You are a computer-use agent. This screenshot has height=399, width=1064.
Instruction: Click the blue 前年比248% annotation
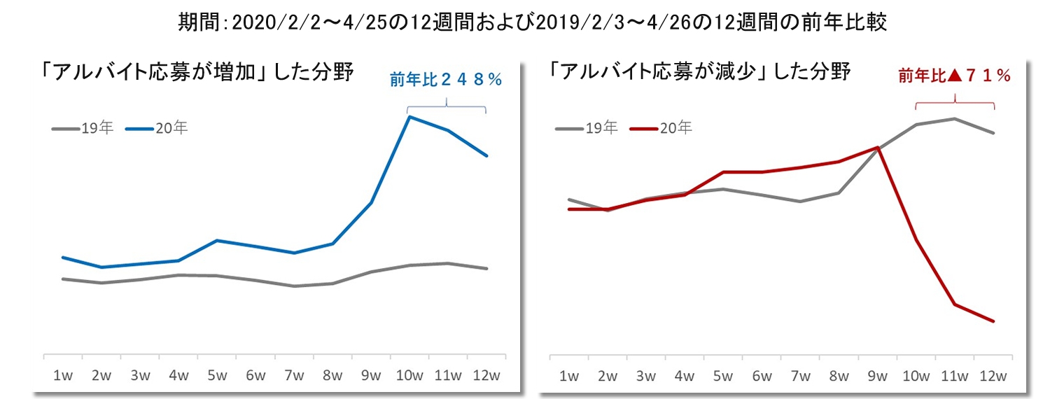[x=446, y=80]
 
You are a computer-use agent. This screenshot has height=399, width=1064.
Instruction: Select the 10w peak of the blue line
[x=409, y=117]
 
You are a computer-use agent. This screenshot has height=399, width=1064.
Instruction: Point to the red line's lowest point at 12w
[x=993, y=321]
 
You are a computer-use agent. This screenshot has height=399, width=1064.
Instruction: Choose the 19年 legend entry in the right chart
[x=587, y=128]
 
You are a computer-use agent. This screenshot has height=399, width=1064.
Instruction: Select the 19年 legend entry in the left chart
[x=83, y=128]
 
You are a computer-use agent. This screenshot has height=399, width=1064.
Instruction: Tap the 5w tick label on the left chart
[x=217, y=375]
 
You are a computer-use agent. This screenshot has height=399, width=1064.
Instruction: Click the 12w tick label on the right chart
[x=993, y=375]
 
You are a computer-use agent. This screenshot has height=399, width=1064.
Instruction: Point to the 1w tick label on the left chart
[x=63, y=375]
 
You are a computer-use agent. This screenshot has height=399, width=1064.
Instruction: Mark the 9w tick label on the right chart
[x=877, y=375]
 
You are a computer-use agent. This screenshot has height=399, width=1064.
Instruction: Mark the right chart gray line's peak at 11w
[x=955, y=118]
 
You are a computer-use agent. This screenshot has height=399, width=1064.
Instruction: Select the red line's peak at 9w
[x=877, y=147]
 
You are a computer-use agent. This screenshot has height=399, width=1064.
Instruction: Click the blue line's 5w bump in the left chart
[x=217, y=240]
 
